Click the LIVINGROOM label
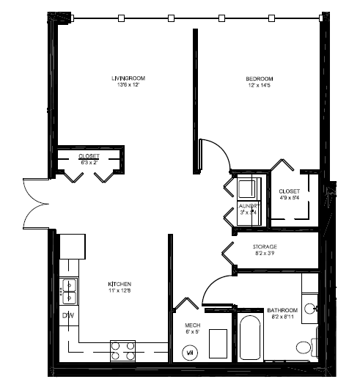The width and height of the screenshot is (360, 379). coord(125,78)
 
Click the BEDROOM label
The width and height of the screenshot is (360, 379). coord(259,78)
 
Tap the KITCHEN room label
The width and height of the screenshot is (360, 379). coord(120,284)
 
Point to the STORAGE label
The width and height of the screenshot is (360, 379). coord(264,247)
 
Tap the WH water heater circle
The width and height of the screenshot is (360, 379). coord(190,351)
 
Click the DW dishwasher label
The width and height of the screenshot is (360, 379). coord(67,316)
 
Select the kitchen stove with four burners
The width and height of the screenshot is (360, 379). coord(123,349)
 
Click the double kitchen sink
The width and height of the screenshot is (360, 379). coord(69,291)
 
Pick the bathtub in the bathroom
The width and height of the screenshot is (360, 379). coord(249,339)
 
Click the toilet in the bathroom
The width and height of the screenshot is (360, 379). coord(304,346)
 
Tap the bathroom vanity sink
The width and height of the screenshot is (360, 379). coord(310,307)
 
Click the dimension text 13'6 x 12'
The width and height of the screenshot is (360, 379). coord(125,86)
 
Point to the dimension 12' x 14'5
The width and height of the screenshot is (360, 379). coord(259,87)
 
